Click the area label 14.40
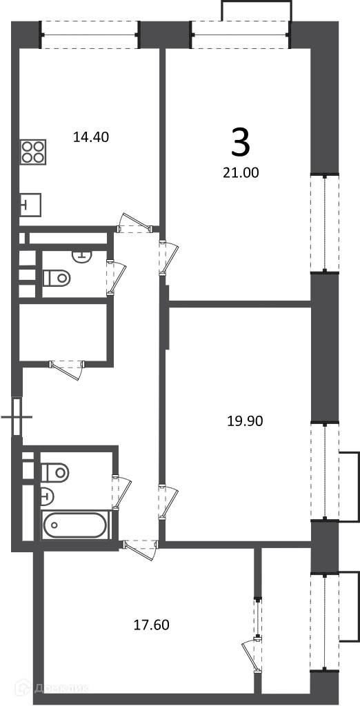pos(91,137)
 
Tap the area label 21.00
pos(241,172)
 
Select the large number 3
pos(241,142)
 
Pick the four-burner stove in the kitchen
pos(34,152)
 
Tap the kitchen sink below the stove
pos(30,205)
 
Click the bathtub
pos(75,525)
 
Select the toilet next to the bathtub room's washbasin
pos(55,472)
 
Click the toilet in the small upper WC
pos(57,277)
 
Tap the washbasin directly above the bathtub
pos(47,496)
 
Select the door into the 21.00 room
pos(168,257)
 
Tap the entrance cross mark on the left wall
pos(17,417)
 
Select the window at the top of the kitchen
pos(90,34)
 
